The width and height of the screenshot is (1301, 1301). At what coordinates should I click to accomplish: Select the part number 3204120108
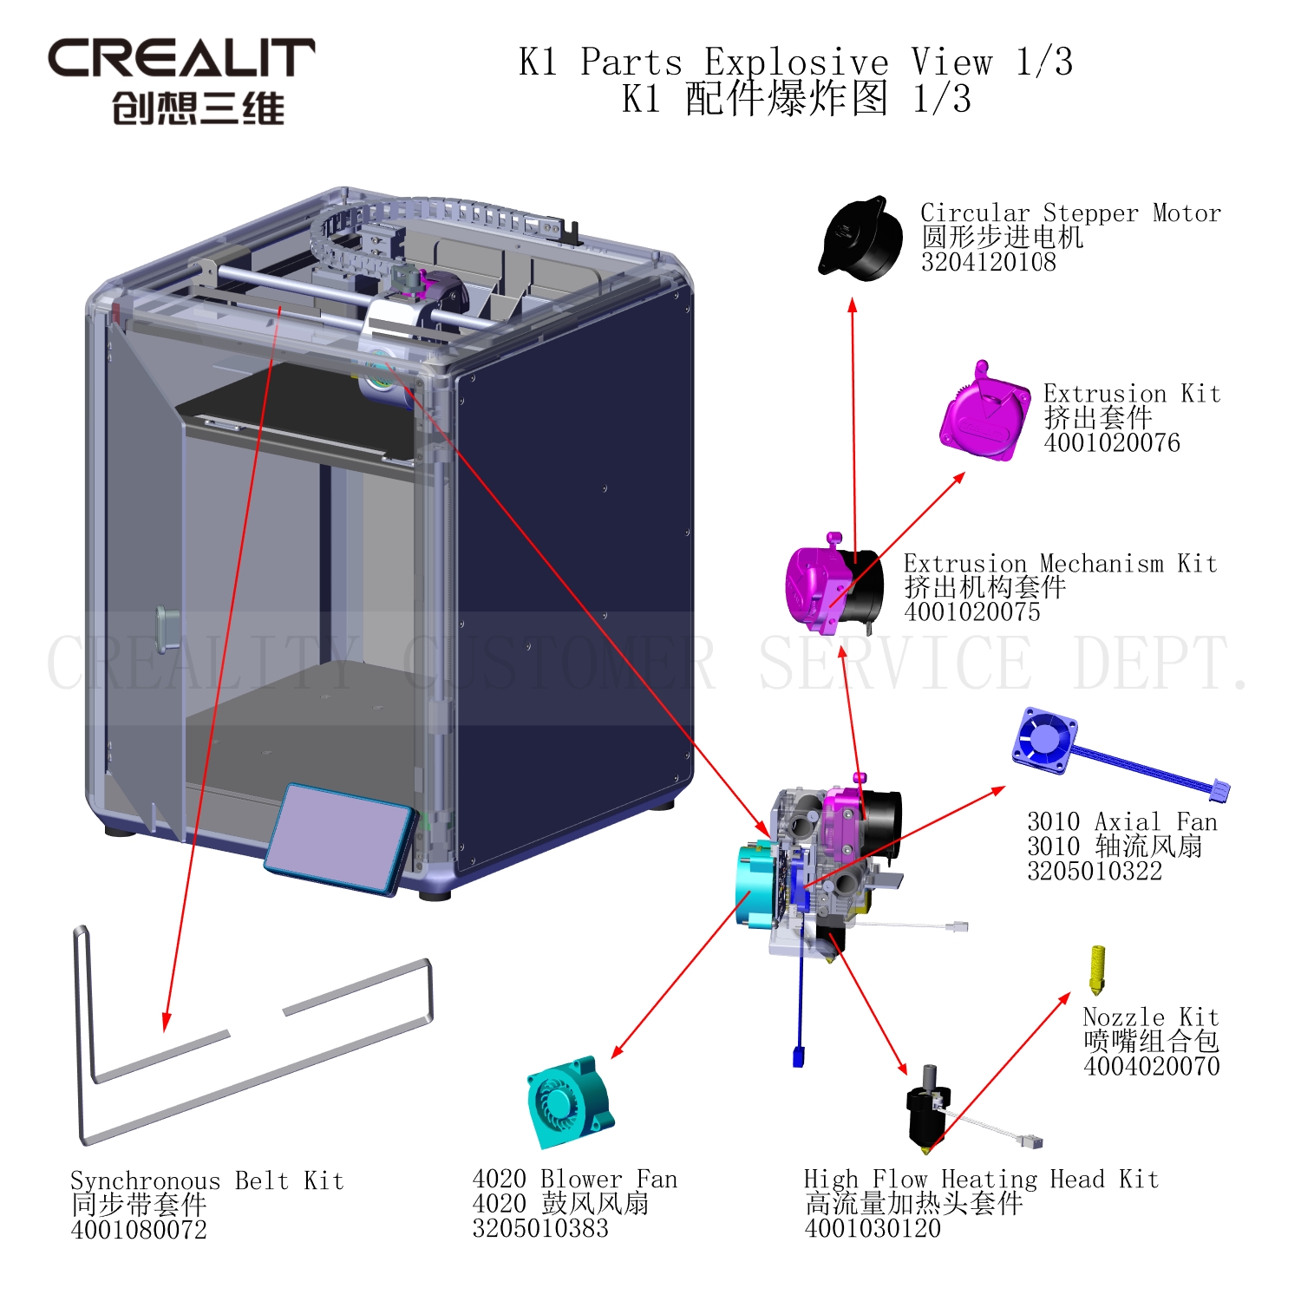(988, 262)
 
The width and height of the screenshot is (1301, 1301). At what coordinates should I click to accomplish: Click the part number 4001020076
(1111, 443)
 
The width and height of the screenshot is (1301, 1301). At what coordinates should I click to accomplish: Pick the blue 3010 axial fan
(1045, 740)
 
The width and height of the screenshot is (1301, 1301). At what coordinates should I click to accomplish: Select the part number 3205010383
(539, 1228)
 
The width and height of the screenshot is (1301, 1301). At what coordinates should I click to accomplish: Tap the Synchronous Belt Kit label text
(206, 1180)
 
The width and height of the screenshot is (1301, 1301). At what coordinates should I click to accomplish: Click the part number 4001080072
(139, 1230)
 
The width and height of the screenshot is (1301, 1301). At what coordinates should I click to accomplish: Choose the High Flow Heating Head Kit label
(980, 1179)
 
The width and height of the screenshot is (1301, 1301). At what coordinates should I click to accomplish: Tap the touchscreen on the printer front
(341, 837)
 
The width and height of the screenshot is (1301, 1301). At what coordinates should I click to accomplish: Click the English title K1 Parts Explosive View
(795, 62)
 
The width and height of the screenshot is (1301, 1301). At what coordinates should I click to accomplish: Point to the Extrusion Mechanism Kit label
(1060, 564)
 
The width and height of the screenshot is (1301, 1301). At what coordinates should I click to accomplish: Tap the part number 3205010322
(1094, 871)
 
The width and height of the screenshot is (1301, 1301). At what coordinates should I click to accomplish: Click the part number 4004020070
(1151, 1066)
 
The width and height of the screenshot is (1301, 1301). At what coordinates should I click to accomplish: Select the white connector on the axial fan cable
(1219, 790)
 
